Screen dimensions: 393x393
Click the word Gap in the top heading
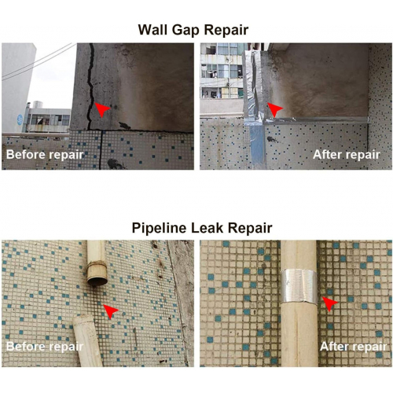click(185, 30)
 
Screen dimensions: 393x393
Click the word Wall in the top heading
click(153, 30)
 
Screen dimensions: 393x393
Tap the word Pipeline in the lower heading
click(159, 228)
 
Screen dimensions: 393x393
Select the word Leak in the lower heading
click(207, 228)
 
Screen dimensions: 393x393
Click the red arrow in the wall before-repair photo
click(101, 109)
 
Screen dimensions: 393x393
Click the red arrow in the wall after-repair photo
click(274, 109)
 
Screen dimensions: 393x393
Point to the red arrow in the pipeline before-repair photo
click(111, 311)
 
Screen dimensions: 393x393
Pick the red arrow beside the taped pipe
click(330, 303)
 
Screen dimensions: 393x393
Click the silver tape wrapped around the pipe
click(299, 286)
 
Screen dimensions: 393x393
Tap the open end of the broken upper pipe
click(97, 281)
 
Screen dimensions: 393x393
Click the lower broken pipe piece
click(87, 341)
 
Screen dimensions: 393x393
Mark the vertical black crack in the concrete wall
click(91, 86)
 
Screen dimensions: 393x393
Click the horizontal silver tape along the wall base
click(317, 120)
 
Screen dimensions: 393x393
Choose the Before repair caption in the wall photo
click(45, 155)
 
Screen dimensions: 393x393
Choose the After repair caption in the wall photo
click(347, 155)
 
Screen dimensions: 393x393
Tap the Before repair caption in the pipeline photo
click(45, 347)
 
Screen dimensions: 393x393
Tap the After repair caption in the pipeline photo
click(353, 347)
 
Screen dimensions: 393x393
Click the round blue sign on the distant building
click(20, 119)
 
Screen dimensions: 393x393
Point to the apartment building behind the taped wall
click(222, 71)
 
